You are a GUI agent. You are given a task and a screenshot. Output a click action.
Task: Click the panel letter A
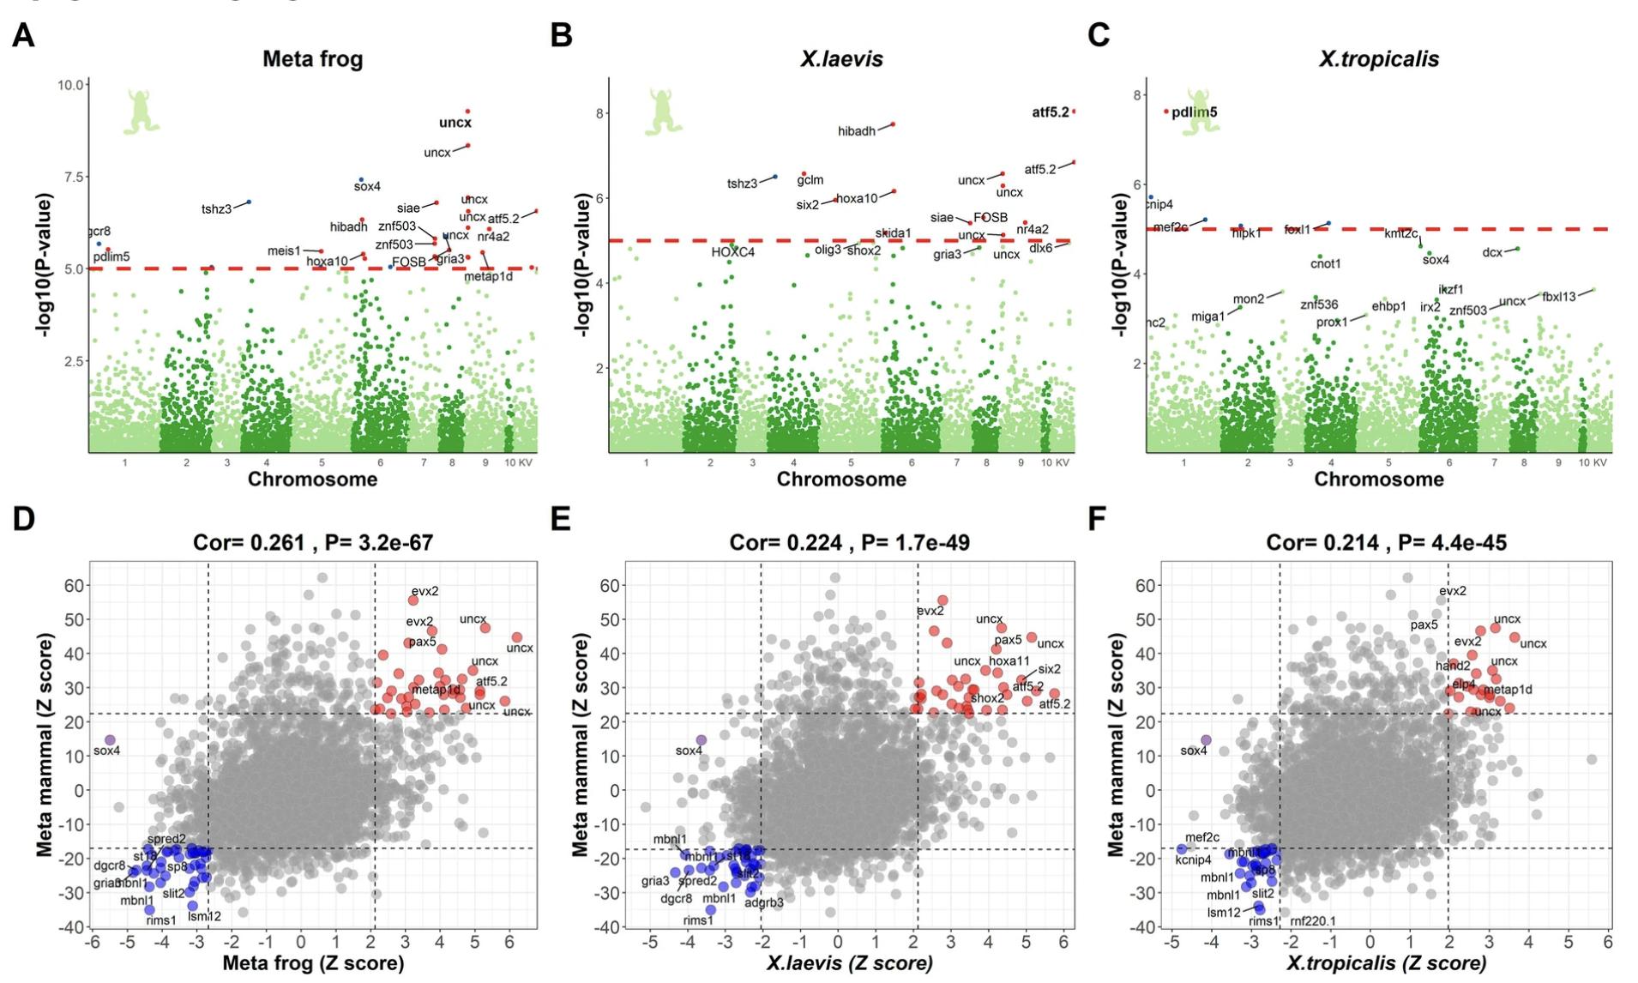[x=23, y=35]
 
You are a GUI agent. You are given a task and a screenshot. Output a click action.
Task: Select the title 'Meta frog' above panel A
[x=312, y=59]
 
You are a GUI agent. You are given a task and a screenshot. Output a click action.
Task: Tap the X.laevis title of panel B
[x=841, y=59]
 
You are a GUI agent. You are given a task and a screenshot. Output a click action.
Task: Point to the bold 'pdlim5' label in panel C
[x=1194, y=112]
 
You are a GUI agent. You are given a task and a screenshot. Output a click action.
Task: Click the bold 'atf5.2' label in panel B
[x=1050, y=112]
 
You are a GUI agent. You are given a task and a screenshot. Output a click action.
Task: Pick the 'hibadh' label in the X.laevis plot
[x=857, y=131]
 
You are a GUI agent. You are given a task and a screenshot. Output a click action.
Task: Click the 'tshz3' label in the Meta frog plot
[x=216, y=209]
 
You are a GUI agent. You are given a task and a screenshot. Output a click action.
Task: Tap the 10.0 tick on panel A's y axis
[x=70, y=85]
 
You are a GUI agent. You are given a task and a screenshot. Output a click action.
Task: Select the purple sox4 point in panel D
[x=110, y=739]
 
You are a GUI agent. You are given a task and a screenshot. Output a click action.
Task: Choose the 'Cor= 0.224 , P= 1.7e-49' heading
[x=849, y=542]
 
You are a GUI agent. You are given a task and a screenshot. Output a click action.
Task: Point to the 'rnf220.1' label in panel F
[x=1313, y=921]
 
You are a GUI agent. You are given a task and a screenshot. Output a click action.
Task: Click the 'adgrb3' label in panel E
[x=764, y=902]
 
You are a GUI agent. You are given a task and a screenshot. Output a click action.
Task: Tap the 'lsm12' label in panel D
[x=204, y=916]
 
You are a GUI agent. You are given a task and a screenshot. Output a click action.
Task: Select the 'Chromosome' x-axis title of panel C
[x=1379, y=479]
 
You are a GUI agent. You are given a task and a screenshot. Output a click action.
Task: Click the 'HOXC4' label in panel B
[x=732, y=252]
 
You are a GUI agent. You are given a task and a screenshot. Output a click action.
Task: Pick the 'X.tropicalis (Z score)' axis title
[x=1386, y=963]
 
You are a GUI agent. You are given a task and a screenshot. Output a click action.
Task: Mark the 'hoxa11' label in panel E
[x=1009, y=661]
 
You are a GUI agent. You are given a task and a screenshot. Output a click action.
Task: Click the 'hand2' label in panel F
[x=1453, y=666]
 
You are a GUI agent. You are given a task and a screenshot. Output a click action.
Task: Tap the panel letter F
[x=1098, y=519]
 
